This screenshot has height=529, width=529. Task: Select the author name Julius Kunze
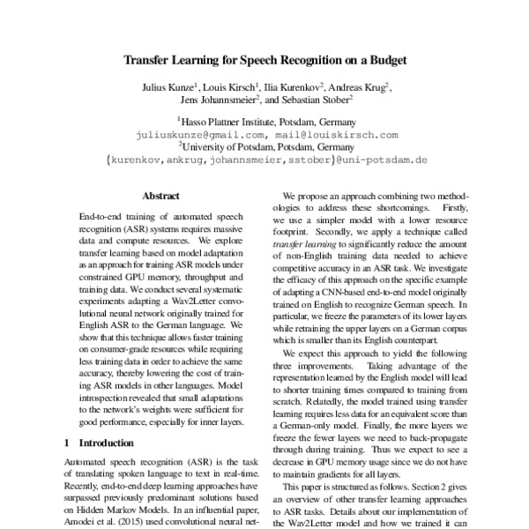tap(165, 89)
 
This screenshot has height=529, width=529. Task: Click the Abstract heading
tap(160, 196)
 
